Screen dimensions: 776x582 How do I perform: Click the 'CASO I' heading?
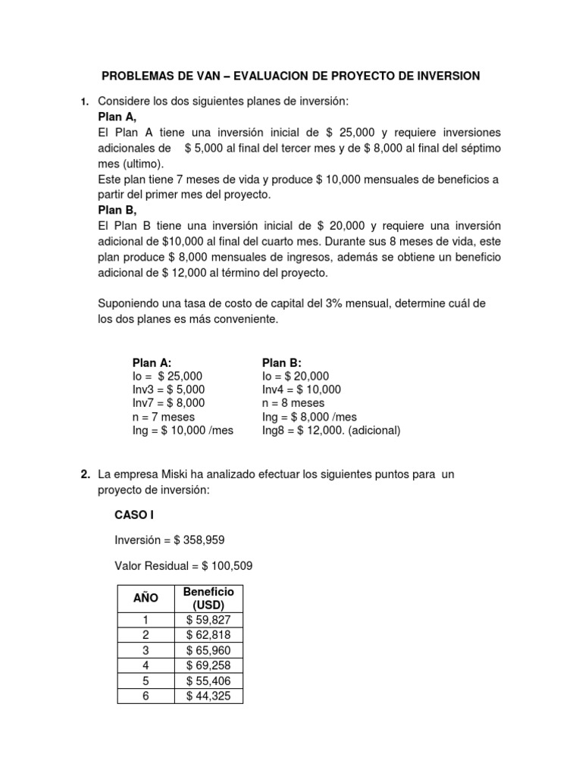134,515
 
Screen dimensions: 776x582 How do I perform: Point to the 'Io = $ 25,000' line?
167,376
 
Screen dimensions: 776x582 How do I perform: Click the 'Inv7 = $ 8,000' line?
168,403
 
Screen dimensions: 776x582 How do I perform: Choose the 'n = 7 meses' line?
164,417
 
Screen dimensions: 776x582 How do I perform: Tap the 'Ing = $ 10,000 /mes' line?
183,430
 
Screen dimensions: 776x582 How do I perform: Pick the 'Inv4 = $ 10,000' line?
301,390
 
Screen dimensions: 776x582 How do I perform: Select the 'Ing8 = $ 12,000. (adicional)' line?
331,430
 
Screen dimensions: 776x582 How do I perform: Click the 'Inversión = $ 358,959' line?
169,540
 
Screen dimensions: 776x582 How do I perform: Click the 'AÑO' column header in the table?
145,598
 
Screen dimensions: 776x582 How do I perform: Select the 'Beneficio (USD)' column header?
208,598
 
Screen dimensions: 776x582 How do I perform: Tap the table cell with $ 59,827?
208,620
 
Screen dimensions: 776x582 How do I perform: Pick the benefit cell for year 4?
208,665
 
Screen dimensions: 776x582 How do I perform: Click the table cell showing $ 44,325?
208,696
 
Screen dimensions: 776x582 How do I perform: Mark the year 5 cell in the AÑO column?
145,681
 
